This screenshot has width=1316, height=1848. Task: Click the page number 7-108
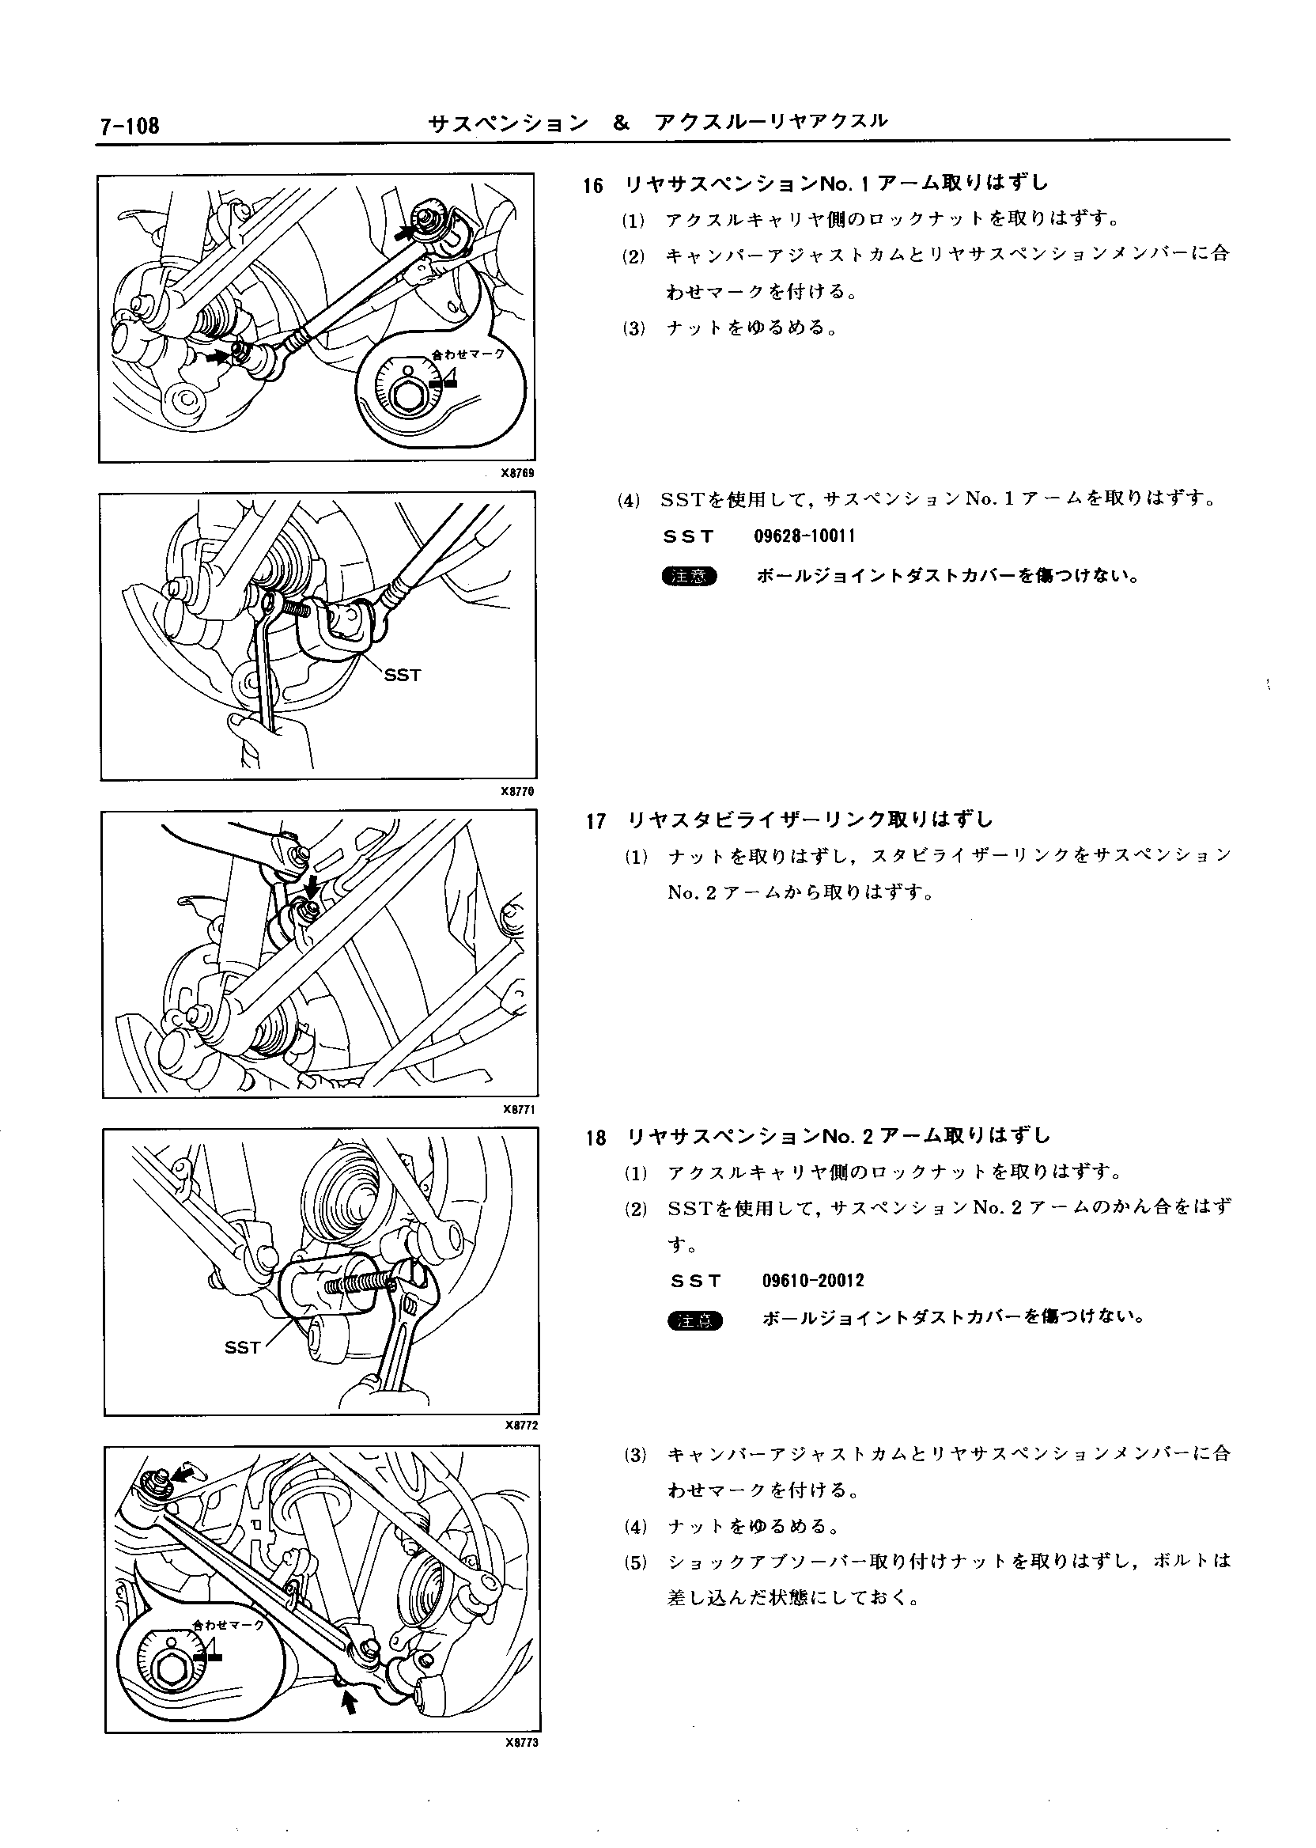(x=128, y=127)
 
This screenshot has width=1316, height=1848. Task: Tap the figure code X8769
(x=519, y=472)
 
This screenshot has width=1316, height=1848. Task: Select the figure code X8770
(x=519, y=791)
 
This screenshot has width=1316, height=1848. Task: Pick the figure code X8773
(x=522, y=1744)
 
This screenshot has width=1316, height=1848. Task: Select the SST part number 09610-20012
(x=814, y=1282)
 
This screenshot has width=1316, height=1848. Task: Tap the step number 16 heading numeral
(x=593, y=186)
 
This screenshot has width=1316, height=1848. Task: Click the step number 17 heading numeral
(x=596, y=822)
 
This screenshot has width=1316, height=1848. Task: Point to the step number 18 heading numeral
(x=596, y=1138)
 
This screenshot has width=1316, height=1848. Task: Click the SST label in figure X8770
(x=403, y=675)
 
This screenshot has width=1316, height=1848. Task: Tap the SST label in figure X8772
(x=242, y=1348)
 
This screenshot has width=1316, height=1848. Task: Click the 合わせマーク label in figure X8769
(x=468, y=354)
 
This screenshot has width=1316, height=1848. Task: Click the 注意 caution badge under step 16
(x=690, y=576)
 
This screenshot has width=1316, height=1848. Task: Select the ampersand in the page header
(x=622, y=123)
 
